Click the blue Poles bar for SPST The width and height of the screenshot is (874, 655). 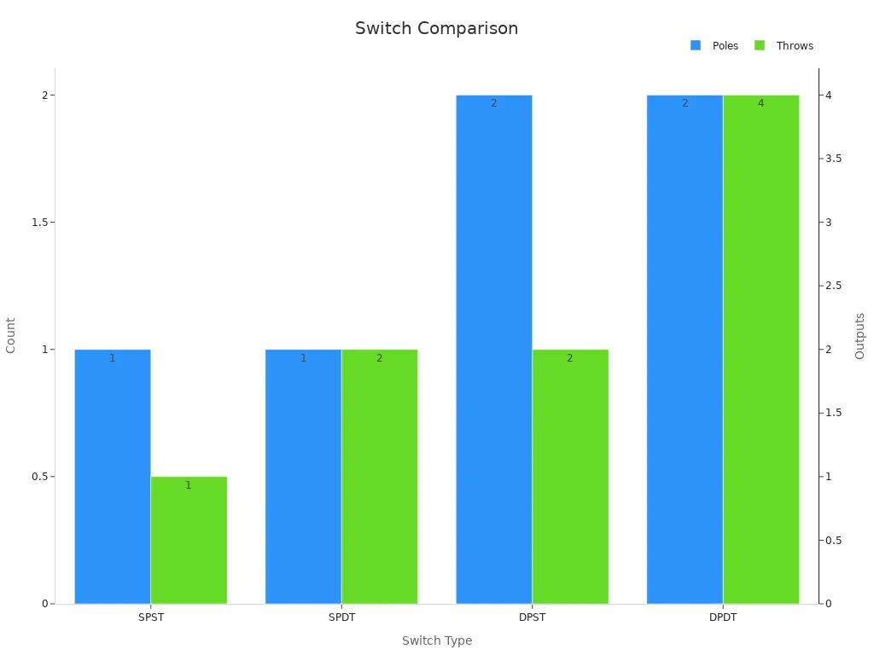click(113, 477)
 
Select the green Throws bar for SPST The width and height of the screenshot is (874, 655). click(189, 540)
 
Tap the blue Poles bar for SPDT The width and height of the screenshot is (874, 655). click(303, 477)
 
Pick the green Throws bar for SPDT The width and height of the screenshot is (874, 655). click(380, 477)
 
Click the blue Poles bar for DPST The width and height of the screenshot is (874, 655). click(494, 350)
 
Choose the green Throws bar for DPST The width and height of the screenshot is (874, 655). click(570, 477)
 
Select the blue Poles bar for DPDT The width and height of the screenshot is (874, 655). click(685, 350)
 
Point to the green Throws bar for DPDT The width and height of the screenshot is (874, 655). click(760, 350)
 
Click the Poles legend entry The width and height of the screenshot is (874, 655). click(714, 46)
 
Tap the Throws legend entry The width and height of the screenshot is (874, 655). click(784, 46)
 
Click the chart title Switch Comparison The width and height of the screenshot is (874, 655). click(436, 28)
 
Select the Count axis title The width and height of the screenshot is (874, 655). click(10, 335)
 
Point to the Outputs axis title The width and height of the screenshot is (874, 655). click(859, 336)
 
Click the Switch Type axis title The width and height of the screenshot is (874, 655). click(437, 641)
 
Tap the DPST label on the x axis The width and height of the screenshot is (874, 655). click(533, 617)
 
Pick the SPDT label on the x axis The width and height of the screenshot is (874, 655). click(341, 617)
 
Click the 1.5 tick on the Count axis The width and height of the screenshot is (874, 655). click(39, 223)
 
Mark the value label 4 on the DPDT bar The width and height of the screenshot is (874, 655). click(760, 103)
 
